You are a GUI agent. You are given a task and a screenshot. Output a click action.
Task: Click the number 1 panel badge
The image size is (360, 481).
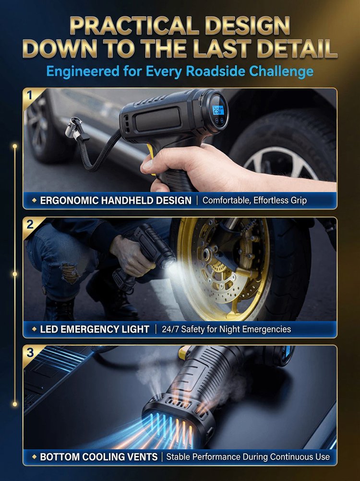click(29, 96)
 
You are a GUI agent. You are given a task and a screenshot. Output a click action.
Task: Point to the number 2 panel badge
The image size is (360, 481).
click(30, 225)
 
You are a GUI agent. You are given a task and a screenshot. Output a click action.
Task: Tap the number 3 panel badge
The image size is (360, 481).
click(30, 353)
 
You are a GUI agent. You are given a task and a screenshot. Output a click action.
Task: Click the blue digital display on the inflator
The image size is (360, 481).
click(218, 110)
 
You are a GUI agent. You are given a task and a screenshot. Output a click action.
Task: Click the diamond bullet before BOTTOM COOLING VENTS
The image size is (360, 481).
click(35, 457)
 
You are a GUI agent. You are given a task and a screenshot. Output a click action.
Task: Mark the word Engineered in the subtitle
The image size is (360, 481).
click(83, 71)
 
